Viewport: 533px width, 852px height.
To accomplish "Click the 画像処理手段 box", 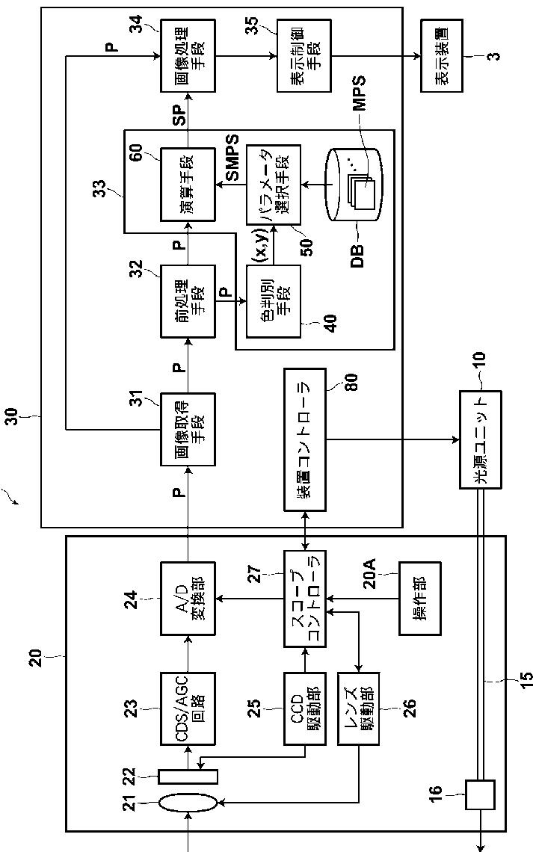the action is (188, 56).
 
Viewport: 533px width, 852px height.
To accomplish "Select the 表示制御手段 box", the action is (304, 56).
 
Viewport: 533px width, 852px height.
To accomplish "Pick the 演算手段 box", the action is (188, 184).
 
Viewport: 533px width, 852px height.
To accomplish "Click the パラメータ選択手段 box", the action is (274, 185).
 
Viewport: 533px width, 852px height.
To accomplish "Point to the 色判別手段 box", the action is (274, 302).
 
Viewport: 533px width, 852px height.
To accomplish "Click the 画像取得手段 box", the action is (188, 429).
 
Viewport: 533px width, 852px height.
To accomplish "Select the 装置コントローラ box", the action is (305, 439).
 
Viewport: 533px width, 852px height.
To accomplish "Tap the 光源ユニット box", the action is (480, 439).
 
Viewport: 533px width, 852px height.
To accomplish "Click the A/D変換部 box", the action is (188, 599).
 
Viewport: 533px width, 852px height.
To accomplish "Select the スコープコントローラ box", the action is (305, 599).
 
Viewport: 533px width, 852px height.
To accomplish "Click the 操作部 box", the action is (420, 599).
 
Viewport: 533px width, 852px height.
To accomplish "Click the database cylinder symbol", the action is (354, 184).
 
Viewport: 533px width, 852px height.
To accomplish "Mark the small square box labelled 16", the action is (480, 795).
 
